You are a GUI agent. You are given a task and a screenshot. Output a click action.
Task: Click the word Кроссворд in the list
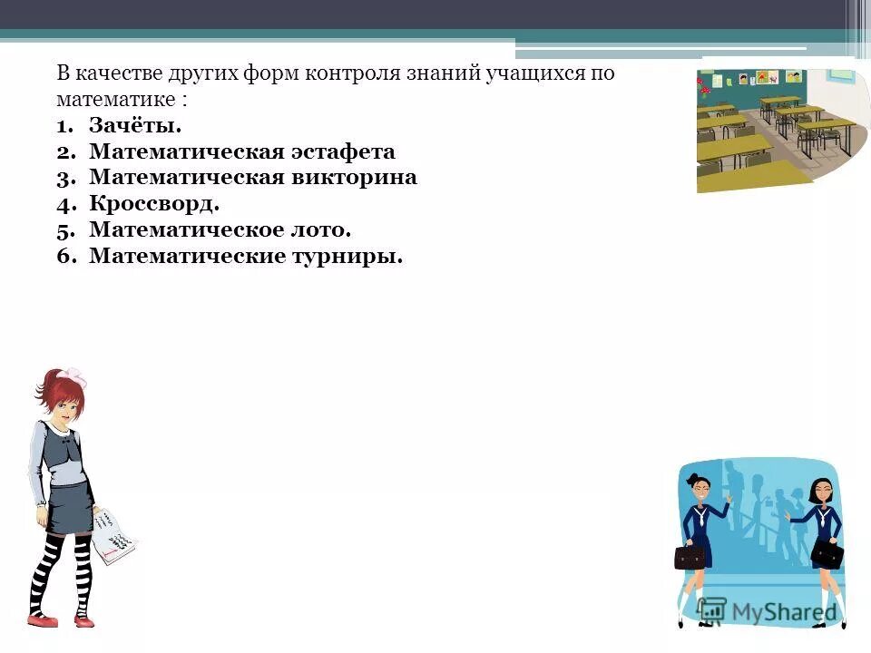pos(153,204)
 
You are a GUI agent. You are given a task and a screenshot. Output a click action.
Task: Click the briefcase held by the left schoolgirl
pos(690,555)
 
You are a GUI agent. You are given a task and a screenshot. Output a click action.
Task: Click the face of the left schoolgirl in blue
pos(700,490)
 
